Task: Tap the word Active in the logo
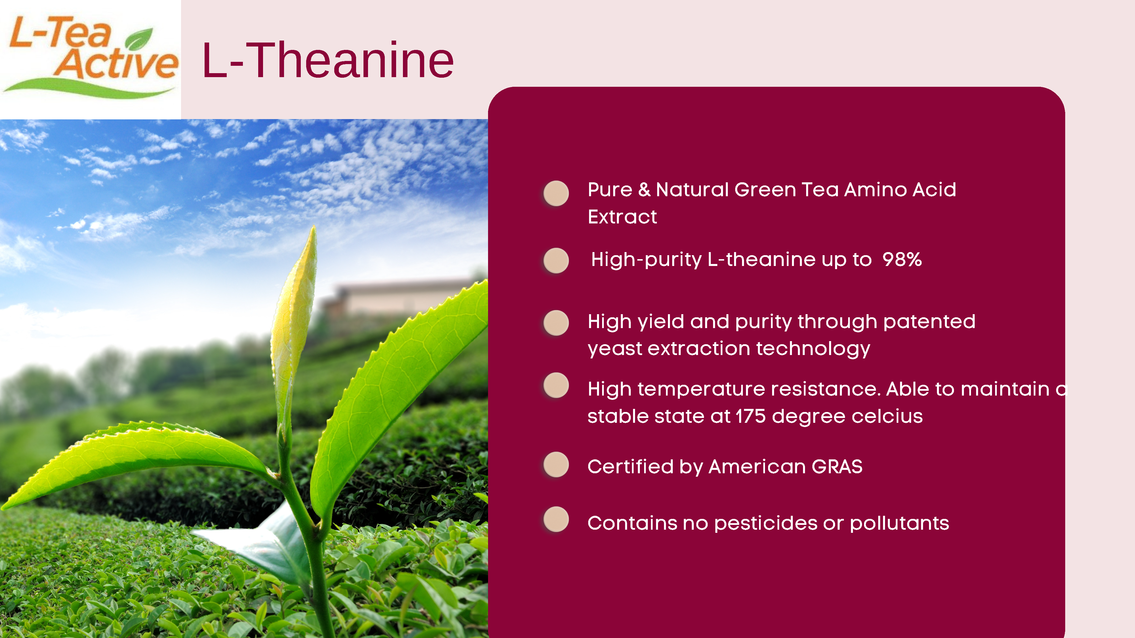(117, 64)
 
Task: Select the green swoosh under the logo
(88, 88)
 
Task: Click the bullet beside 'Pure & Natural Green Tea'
(556, 193)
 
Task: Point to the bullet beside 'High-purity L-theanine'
(556, 260)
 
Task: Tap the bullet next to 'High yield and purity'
(556, 323)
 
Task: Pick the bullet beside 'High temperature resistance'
(556, 385)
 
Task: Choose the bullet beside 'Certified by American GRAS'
(556, 464)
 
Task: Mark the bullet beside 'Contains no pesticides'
(556, 519)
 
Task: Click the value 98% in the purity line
(902, 259)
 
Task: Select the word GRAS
(837, 466)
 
